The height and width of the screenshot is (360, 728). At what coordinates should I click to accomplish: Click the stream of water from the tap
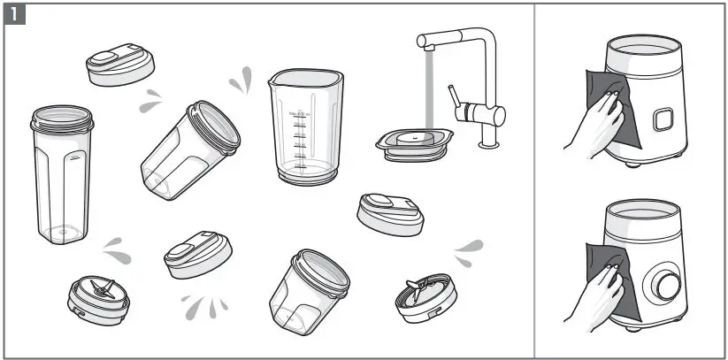click(x=425, y=88)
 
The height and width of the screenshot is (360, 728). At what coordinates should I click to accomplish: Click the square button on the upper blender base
click(x=658, y=119)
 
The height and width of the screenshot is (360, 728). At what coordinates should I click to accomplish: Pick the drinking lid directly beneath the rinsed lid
click(x=392, y=213)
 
